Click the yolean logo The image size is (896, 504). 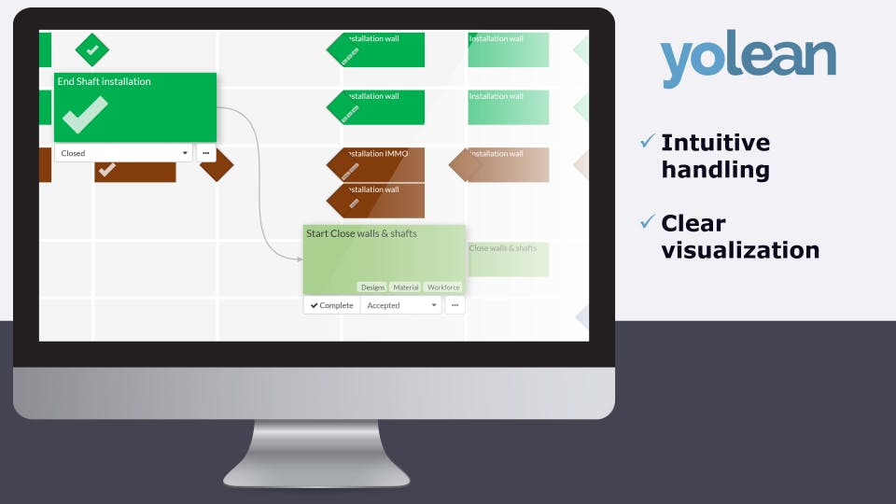coord(748,59)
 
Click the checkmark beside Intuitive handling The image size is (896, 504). coord(647,142)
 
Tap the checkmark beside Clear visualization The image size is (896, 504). coord(647,222)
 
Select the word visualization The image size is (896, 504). coord(740,250)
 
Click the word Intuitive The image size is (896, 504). coord(715,143)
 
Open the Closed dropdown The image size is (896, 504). coord(123,153)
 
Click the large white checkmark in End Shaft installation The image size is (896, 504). coord(85,114)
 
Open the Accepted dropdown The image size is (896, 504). coord(401,305)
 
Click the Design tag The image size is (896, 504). coord(372,287)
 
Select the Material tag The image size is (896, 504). coord(406,287)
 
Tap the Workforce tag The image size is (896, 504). coord(443,287)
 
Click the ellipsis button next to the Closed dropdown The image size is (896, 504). coord(205,153)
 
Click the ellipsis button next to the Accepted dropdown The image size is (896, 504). coord(455,305)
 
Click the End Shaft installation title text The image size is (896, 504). coord(104,81)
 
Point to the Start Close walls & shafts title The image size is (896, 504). coord(361,233)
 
